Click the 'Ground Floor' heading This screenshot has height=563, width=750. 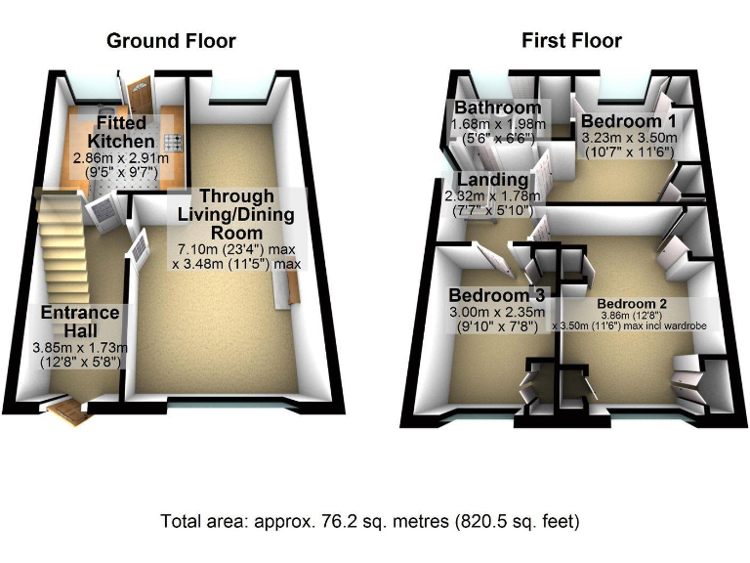171,40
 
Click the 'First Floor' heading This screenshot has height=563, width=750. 571,40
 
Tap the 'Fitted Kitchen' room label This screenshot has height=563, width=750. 121,132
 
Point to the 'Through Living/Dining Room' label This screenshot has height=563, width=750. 236,214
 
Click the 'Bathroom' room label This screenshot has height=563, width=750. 496,107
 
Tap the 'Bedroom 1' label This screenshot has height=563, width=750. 628,121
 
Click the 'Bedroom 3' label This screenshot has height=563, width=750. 495,295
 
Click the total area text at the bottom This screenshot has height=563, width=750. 370,521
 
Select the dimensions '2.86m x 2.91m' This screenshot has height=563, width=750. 120,156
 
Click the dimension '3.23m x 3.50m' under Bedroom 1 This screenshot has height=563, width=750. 628,140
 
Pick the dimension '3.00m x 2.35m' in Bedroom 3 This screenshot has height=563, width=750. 495,313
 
